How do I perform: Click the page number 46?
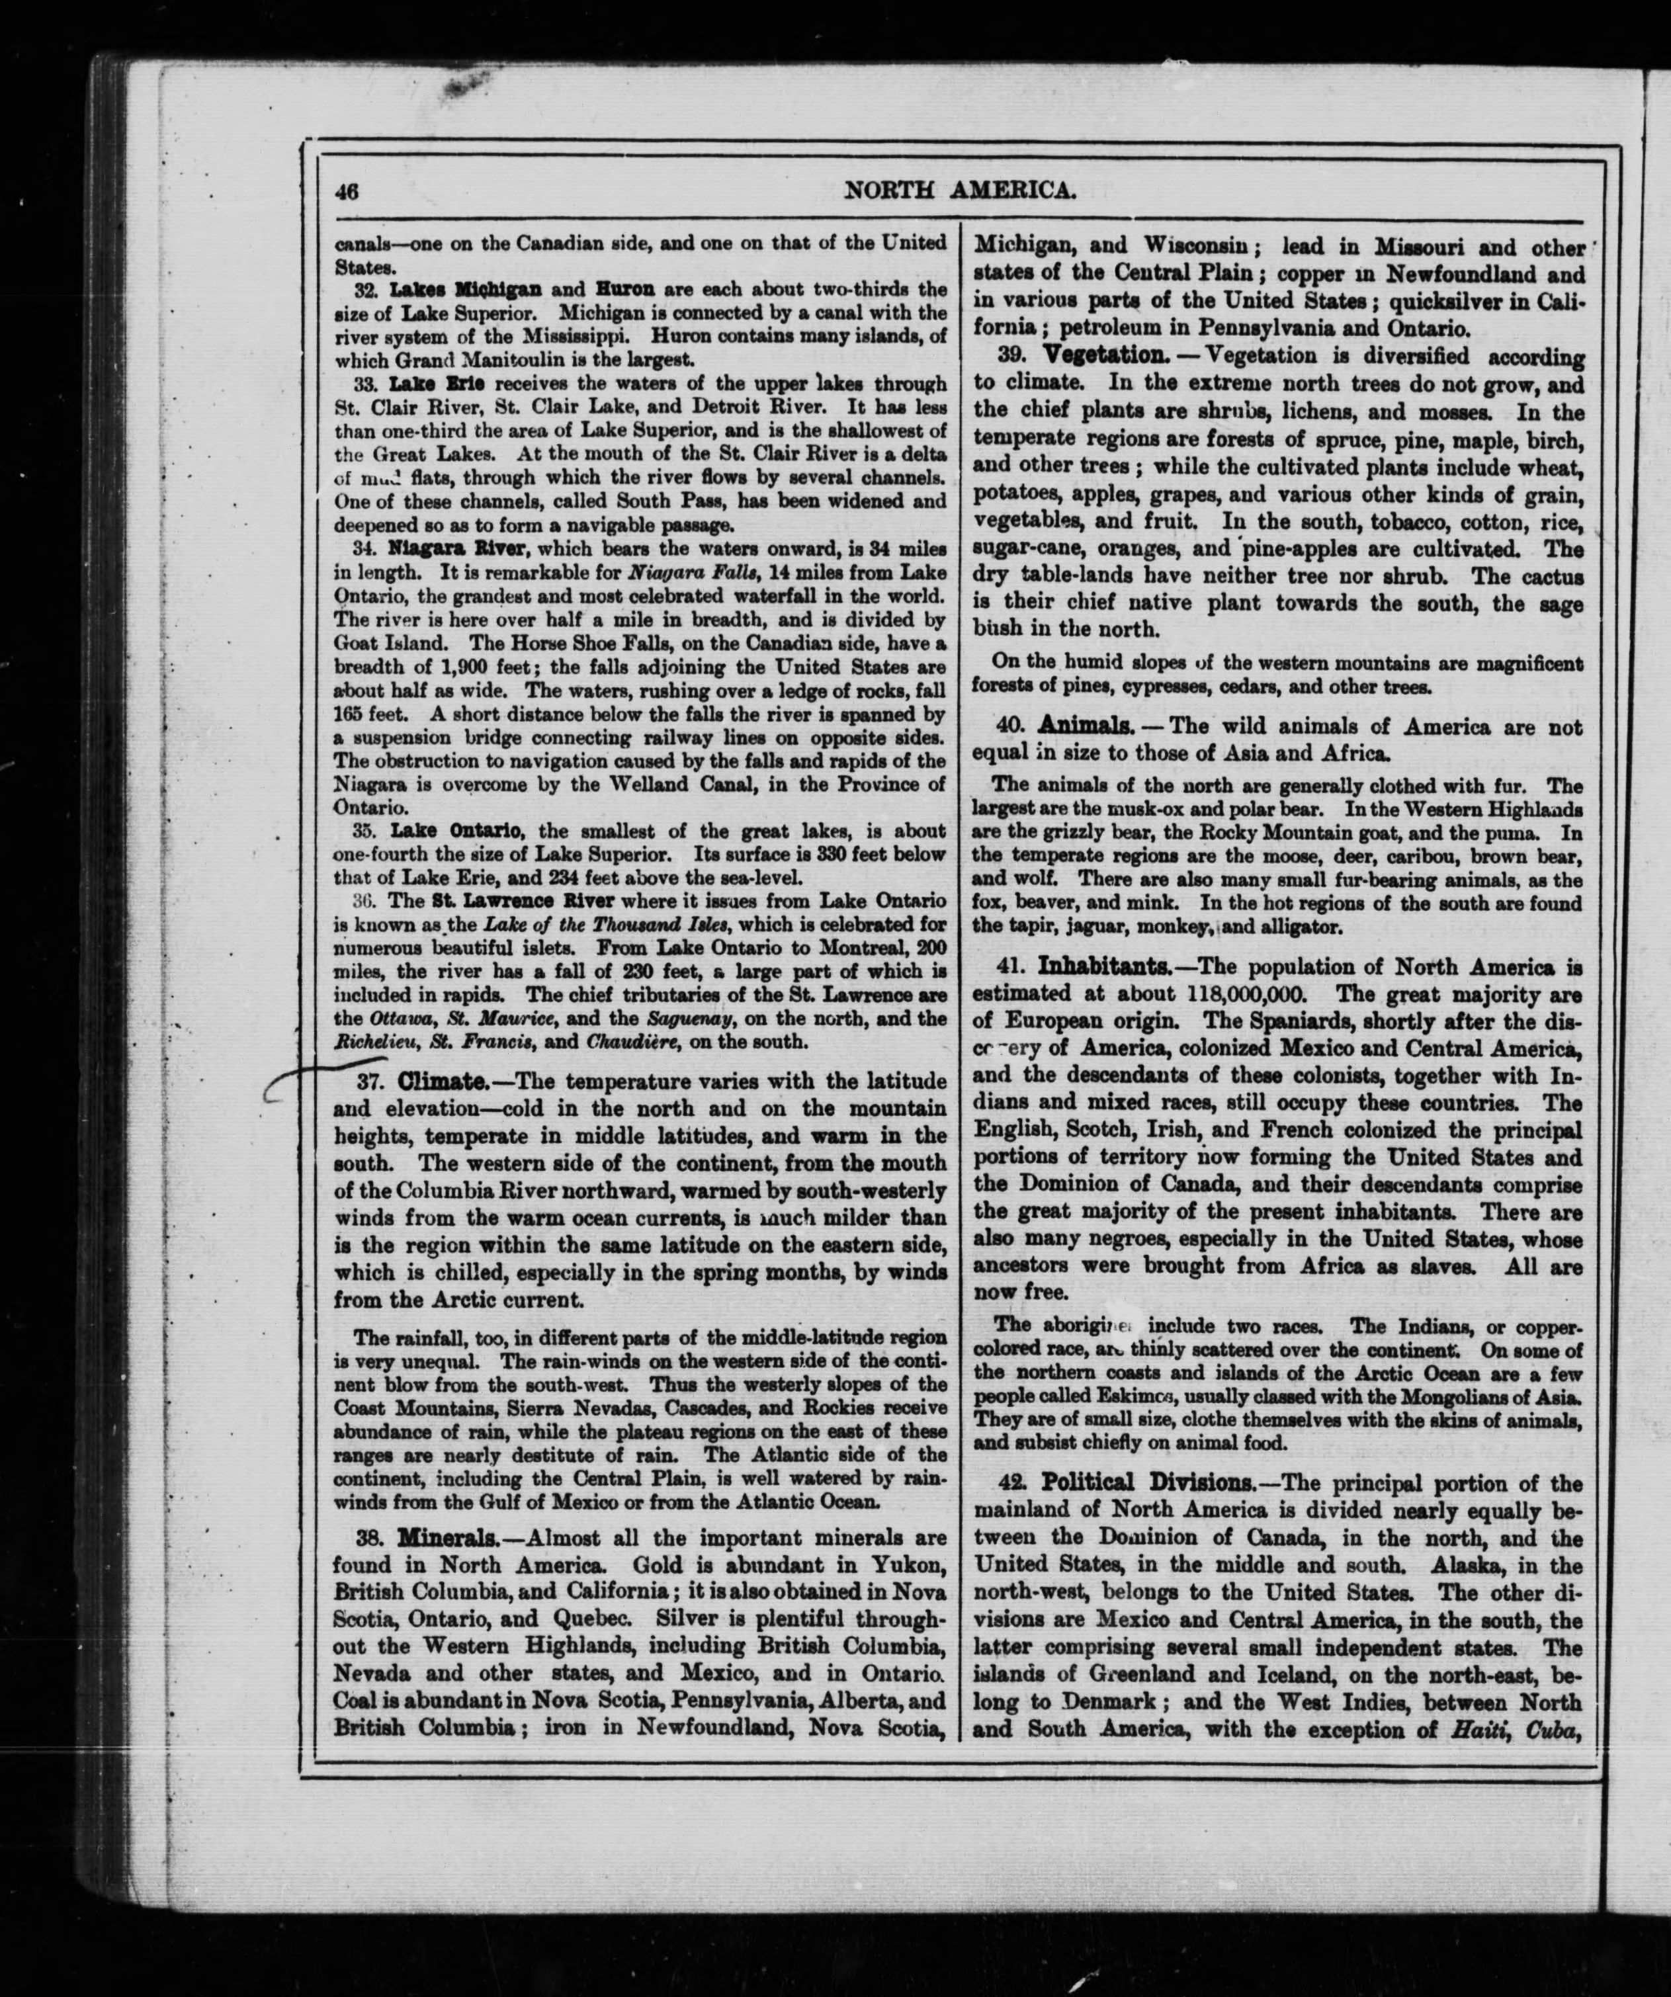(345, 191)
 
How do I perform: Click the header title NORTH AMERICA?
(961, 191)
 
